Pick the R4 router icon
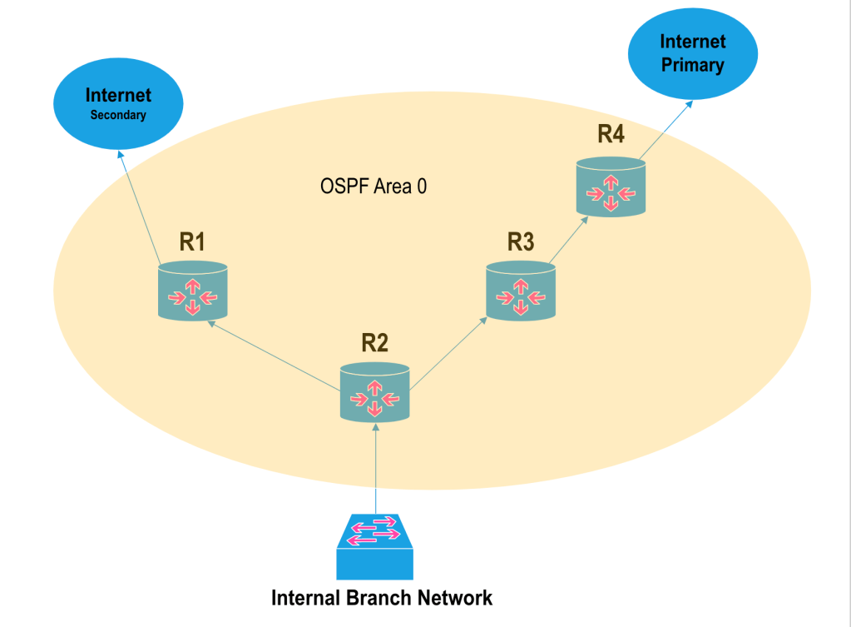click(611, 187)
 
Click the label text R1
click(192, 242)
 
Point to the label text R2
click(375, 342)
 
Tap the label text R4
click(611, 135)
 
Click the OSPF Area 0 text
click(374, 187)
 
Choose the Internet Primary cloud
click(693, 53)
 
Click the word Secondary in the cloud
click(118, 116)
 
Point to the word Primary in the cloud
click(693, 65)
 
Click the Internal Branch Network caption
click(382, 598)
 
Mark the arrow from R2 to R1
click(275, 355)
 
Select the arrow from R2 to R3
click(449, 351)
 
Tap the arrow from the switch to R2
click(376, 466)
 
